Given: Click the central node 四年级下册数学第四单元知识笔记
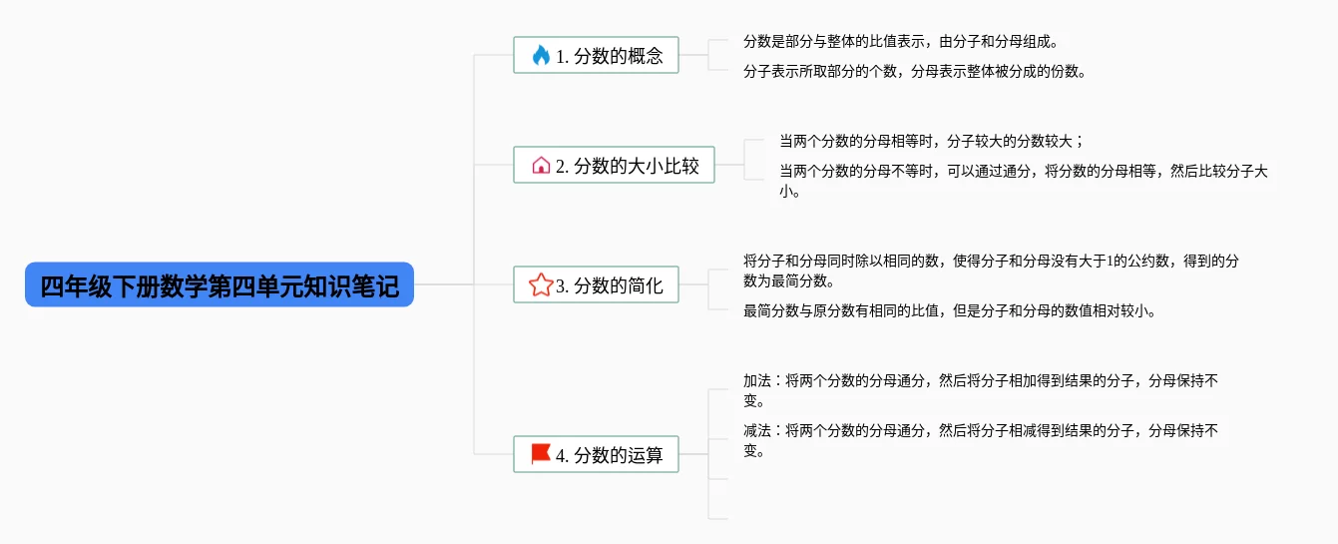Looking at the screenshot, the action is coord(220,285).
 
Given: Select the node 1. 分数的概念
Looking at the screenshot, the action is coord(596,55).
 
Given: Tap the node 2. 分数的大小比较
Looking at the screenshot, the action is coord(614,165).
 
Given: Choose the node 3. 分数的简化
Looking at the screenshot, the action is coord(596,285).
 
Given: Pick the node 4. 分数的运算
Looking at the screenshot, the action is coord(596,454).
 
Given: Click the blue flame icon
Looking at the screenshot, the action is coord(541,55).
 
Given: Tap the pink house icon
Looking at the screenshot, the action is coord(541,165).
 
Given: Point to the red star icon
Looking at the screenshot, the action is coord(541,285).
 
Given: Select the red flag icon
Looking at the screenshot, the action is coord(541,454).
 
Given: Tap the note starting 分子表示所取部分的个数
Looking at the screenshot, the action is coord(914,71).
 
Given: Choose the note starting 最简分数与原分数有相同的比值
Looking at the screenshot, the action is coord(949,310).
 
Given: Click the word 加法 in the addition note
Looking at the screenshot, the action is coord(757,380).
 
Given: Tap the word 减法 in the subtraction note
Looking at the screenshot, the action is coord(757,431).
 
